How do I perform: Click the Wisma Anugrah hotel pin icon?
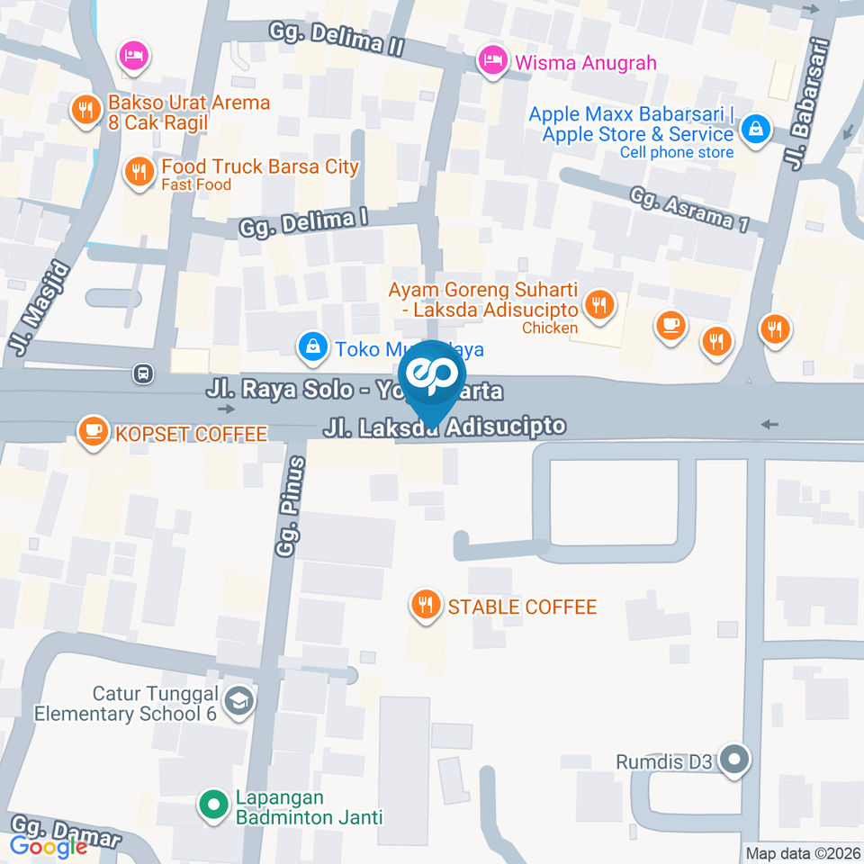(x=491, y=61)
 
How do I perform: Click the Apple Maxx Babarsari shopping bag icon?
(x=755, y=128)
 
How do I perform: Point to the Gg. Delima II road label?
(x=337, y=40)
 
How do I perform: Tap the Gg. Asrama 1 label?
(x=689, y=210)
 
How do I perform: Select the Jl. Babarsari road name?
(x=806, y=103)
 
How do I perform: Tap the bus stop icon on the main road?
(x=141, y=373)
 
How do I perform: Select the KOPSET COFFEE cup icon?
(x=93, y=430)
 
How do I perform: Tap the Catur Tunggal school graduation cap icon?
(x=238, y=701)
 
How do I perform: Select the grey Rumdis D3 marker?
(x=735, y=760)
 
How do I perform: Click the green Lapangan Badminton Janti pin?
(x=213, y=804)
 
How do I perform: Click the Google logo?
(x=49, y=846)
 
